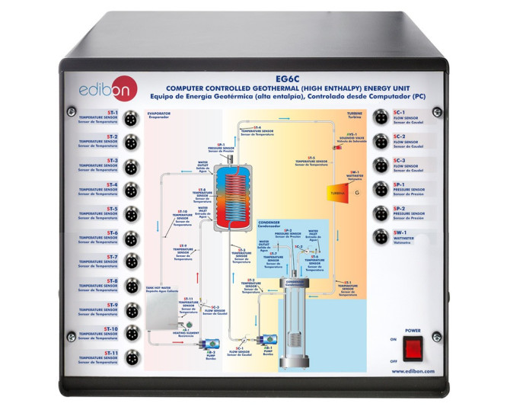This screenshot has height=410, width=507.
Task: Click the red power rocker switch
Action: [x=412, y=348]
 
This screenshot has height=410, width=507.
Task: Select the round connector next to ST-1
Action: [x=131, y=117]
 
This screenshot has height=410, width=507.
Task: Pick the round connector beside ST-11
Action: [x=131, y=357]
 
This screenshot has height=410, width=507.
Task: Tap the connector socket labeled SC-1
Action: [x=380, y=117]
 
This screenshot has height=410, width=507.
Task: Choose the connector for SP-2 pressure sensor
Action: [x=380, y=214]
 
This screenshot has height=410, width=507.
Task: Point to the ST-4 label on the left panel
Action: [x=112, y=184]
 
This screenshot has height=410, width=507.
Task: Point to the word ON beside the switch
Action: [x=392, y=339]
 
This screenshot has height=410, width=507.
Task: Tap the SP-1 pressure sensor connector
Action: [x=380, y=190]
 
